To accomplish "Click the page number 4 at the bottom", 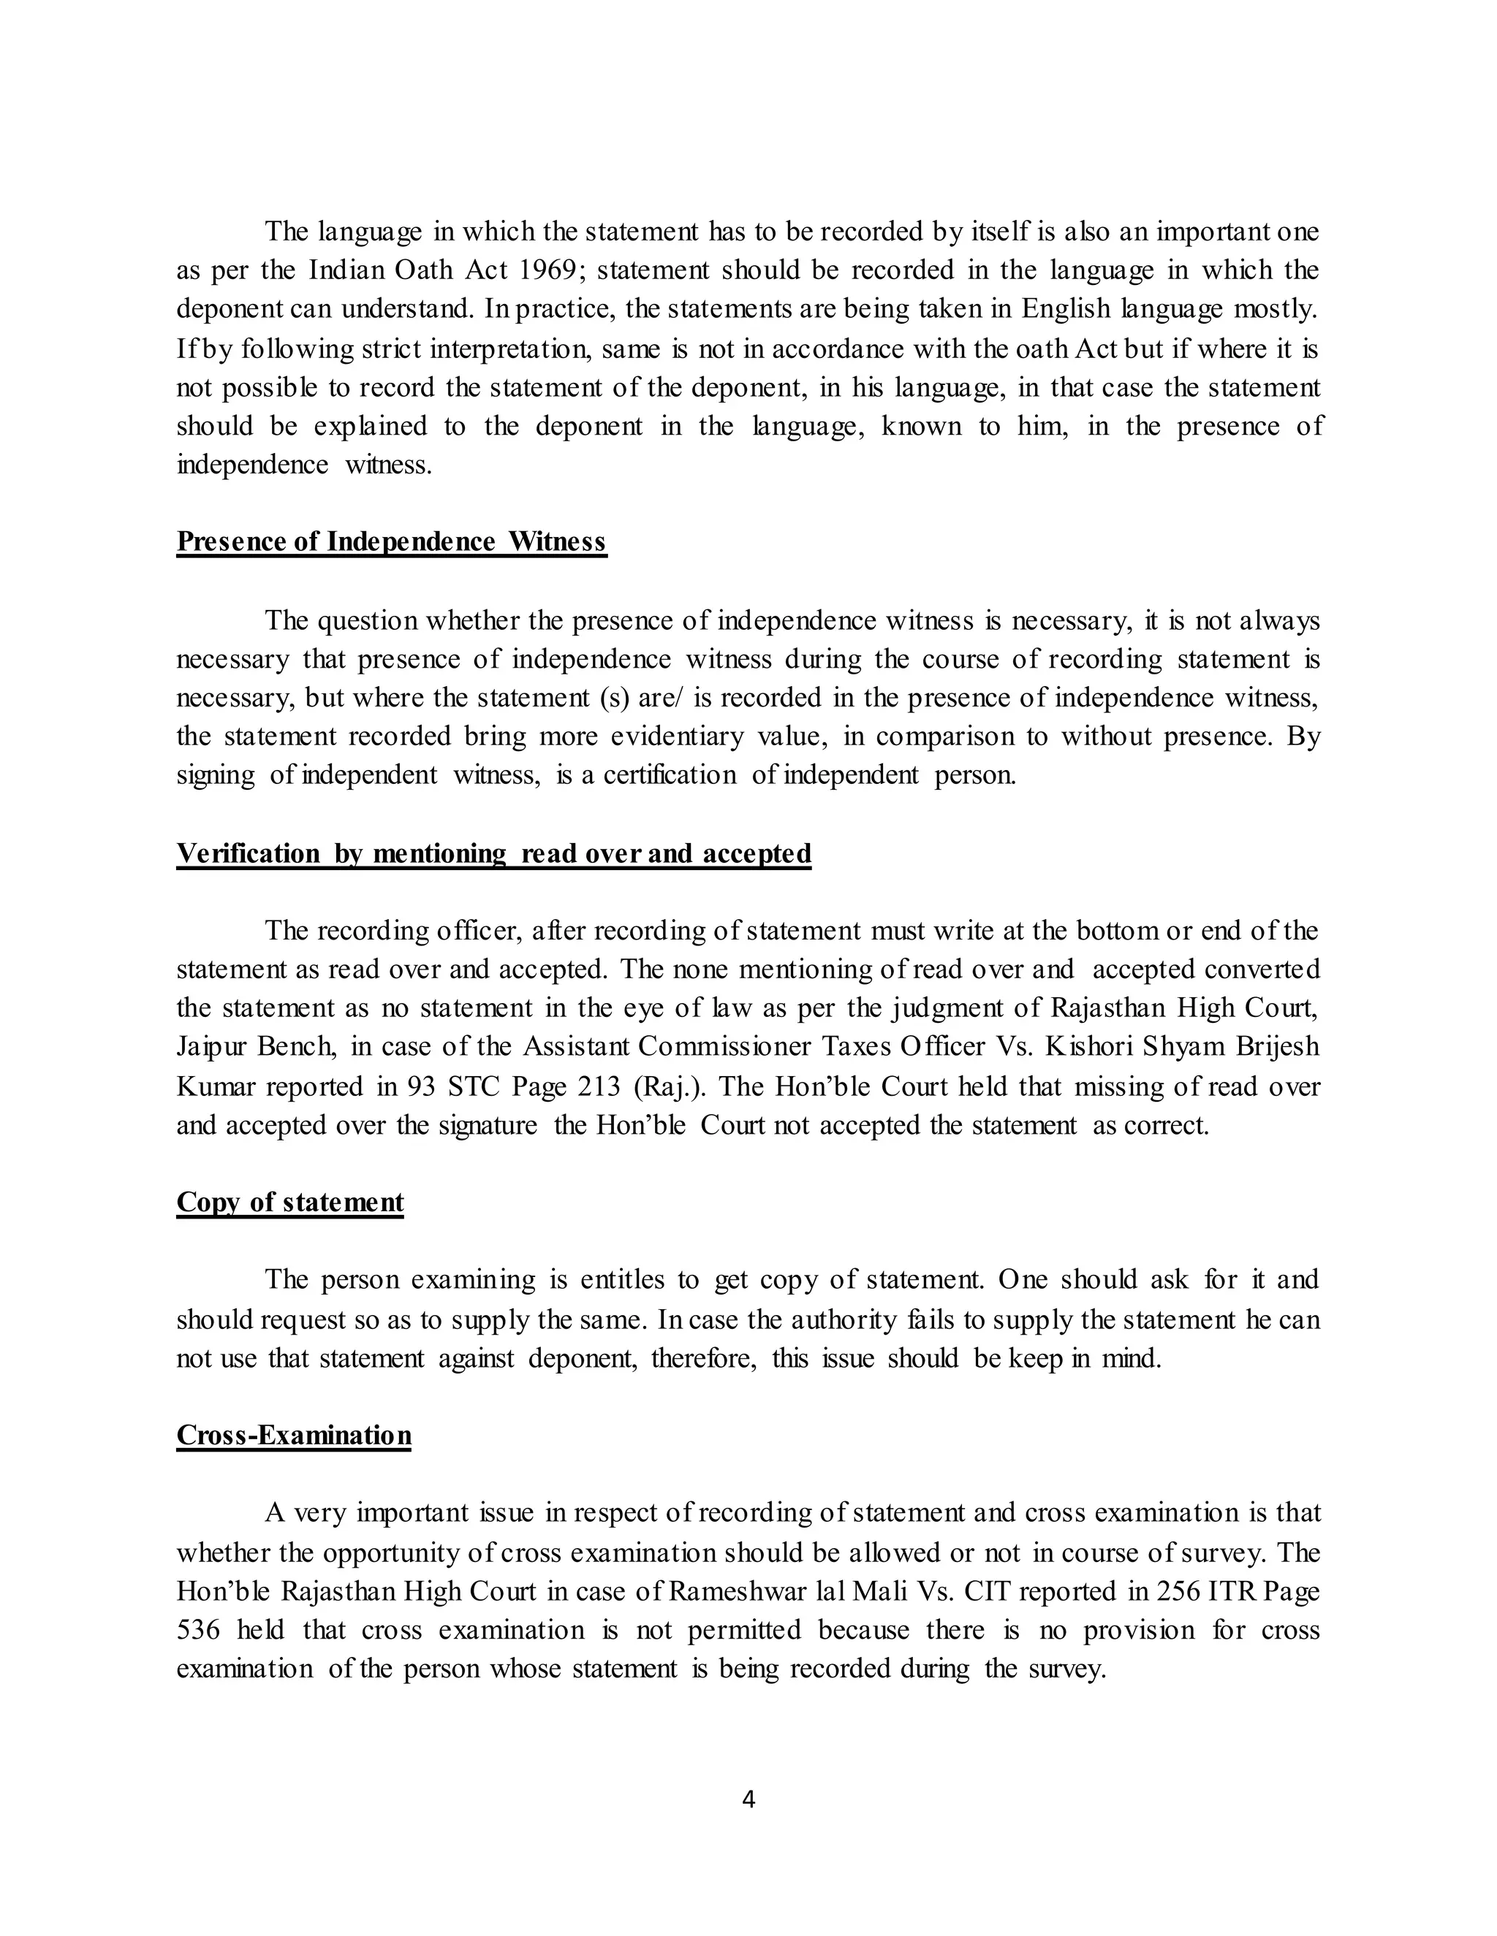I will (x=748, y=1799).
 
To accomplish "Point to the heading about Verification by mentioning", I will (x=493, y=853).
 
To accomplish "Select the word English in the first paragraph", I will (x=1065, y=309).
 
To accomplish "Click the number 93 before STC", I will (x=421, y=1087).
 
